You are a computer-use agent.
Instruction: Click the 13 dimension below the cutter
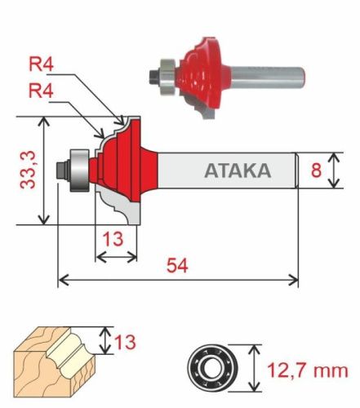[x=114, y=240]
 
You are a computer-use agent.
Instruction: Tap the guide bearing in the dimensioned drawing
[x=80, y=169]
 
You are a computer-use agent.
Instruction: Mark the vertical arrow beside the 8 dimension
[x=332, y=171]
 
